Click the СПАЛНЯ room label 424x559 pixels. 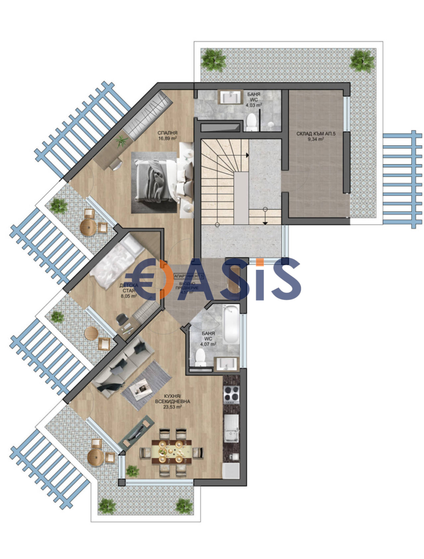click(167, 133)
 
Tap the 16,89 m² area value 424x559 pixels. click(167, 138)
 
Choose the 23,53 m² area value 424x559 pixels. click(173, 407)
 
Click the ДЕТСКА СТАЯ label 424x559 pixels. click(129, 288)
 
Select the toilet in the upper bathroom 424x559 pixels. click(252, 122)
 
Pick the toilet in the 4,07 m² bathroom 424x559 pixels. click(200, 357)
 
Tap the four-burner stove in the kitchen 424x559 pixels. click(231, 394)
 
